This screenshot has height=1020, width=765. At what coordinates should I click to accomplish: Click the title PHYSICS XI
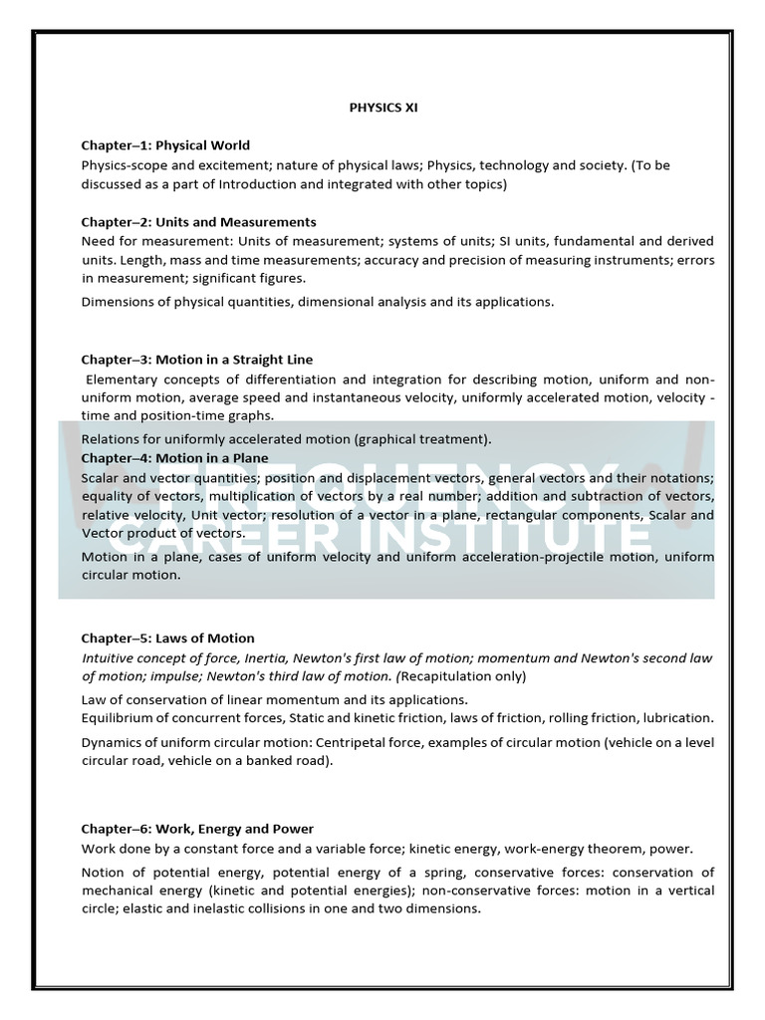(x=382, y=108)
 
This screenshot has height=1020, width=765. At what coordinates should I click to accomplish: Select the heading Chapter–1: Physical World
(x=165, y=145)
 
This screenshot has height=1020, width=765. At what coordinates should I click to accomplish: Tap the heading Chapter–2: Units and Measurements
(x=198, y=222)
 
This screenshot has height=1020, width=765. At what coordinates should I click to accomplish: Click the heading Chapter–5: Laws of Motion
(x=167, y=638)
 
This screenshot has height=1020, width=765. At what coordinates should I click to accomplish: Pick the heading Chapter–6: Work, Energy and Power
(x=197, y=829)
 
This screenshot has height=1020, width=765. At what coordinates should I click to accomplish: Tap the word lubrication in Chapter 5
(x=678, y=717)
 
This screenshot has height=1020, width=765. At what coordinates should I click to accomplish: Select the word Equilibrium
(x=116, y=717)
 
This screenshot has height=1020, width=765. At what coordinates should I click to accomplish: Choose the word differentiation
(x=299, y=380)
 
